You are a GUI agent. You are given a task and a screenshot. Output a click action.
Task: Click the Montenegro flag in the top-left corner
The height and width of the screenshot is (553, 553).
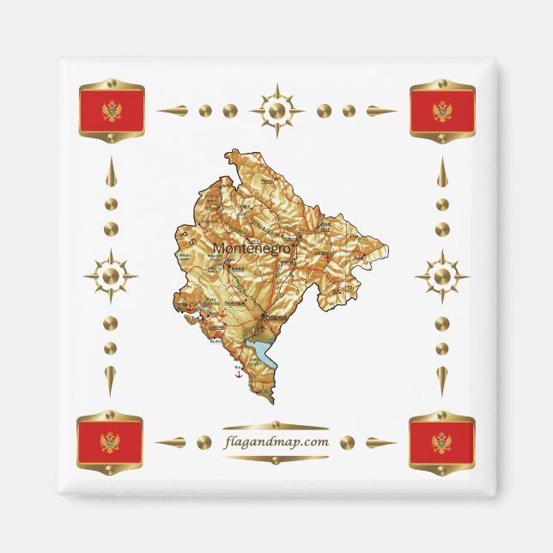pyautogui.click(x=111, y=111)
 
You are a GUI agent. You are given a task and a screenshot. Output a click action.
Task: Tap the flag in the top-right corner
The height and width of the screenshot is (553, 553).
pyautogui.click(x=441, y=111)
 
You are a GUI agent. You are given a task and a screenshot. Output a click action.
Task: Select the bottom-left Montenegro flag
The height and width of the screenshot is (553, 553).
pyautogui.click(x=111, y=442)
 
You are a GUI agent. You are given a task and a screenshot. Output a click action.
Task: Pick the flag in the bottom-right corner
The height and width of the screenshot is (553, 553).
pyautogui.click(x=441, y=442)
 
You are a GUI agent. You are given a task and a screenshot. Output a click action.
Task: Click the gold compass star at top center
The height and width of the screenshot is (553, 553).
pyautogui.click(x=276, y=111)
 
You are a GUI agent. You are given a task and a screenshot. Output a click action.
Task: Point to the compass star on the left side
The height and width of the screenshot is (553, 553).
pyautogui.click(x=111, y=276)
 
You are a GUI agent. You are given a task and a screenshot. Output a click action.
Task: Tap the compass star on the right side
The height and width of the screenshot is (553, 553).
pyautogui.click(x=441, y=276)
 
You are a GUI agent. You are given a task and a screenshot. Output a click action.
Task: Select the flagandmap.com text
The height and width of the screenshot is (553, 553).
pyautogui.click(x=276, y=442)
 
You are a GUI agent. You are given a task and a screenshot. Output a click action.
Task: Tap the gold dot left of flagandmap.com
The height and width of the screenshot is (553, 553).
pyautogui.click(x=204, y=442)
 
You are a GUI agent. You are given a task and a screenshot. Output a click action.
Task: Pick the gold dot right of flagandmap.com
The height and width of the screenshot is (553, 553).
pyautogui.click(x=348, y=442)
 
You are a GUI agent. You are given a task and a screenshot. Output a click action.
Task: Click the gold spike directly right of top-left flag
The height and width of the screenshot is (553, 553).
pyautogui.click(x=172, y=111)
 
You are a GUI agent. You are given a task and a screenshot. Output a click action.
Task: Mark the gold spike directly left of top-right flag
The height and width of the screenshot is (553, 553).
pyautogui.click(x=382, y=111)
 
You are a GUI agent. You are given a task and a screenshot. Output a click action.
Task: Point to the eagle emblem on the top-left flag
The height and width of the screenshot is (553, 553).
pyautogui.click(x=111, y=111)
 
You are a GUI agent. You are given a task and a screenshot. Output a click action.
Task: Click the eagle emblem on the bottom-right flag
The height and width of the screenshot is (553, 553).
pyautogui.click(x=441, y=443)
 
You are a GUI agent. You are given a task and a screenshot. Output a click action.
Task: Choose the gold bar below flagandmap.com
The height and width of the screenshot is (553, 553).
pyautogui.click(x=276, y=459)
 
